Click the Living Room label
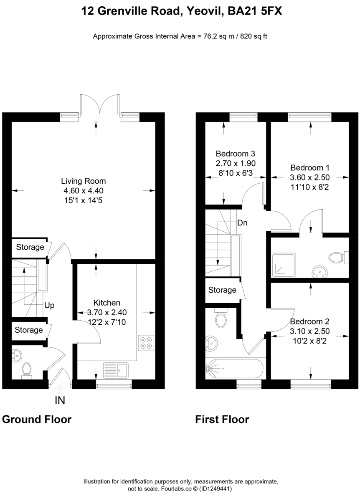click(84, 181)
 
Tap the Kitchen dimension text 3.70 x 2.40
click(107, 312)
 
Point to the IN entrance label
click(60, 401)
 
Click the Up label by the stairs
click(49, 305)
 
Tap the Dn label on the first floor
click(242, 223)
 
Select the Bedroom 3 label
click(236, 153)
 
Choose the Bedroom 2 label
click(310, 322)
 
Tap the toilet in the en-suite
click(337, 258)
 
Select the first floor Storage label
click(222, 290)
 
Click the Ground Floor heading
click(37, 419)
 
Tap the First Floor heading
click(222, 419)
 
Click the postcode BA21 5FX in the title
click(255, 12)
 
